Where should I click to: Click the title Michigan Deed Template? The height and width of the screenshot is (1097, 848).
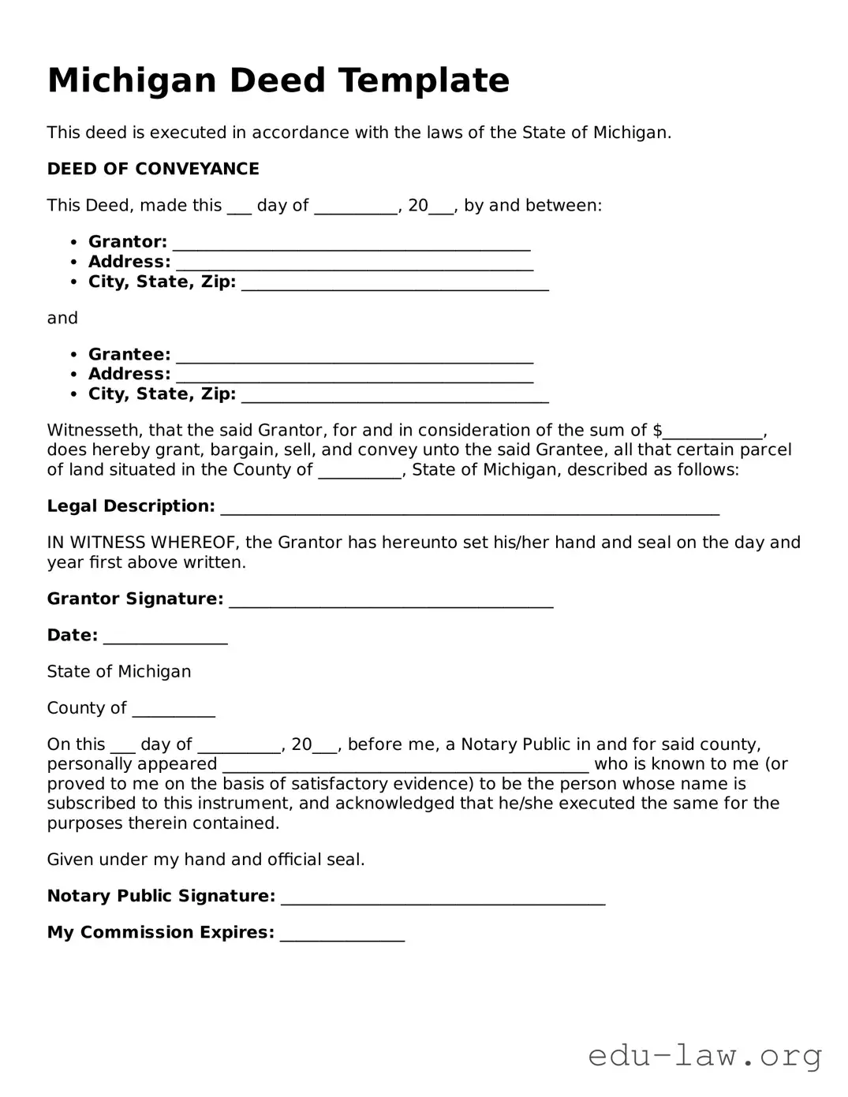(278, 80)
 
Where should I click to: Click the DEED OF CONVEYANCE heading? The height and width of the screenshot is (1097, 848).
(153, 169)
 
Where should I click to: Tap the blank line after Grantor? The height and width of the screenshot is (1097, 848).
(351, 243)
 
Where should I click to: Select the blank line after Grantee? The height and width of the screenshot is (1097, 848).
(354, 356)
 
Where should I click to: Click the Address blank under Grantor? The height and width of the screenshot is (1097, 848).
(354, 263)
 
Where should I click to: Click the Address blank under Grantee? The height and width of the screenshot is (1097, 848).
(354, 375)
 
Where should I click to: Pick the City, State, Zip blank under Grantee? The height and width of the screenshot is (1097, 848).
(394, 395)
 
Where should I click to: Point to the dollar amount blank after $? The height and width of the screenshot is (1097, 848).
(713, 431)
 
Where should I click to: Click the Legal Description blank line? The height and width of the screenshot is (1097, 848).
(469, 507)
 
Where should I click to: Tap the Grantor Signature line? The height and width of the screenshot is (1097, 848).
(390, 600)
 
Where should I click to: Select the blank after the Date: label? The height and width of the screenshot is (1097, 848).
(165, 636)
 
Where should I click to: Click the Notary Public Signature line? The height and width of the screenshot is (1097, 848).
(443, 897)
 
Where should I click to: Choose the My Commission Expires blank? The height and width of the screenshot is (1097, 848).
(342, 934)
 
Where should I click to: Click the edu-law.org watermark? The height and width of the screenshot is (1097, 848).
(704, 1054)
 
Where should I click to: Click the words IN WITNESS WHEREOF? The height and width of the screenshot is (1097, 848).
(144, 543)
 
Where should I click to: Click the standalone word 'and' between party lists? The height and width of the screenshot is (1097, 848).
(62, 318)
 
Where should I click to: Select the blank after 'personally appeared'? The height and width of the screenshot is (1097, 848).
(405, 765)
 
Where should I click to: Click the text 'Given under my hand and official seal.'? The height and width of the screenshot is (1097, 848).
(206, 860)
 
